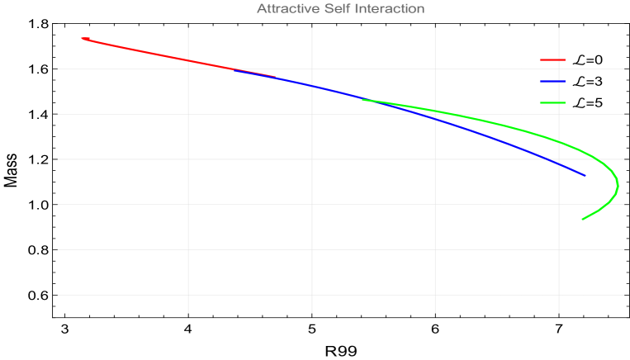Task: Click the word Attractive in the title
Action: (286, 9)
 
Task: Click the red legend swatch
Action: (552, 59)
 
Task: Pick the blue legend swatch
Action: (552, 81)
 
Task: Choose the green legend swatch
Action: (552, 102)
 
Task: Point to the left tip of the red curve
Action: (82, 37)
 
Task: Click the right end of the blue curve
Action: (585, 175)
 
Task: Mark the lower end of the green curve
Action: (582, 219)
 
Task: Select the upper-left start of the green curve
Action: (362, 99)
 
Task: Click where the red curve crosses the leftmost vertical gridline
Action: (188, 60)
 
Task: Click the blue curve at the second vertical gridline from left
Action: (312, 85)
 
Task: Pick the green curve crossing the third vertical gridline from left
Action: (435, 111)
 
